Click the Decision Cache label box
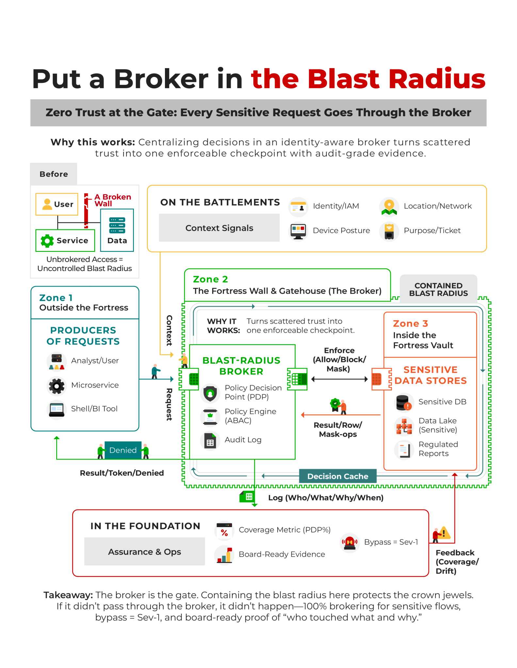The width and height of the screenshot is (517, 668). [337, 476]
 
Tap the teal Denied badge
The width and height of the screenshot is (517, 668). [123, 450]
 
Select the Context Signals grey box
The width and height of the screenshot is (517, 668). [219, 228]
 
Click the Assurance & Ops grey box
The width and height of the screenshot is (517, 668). [144, 552]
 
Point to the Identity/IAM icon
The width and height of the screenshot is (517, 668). [298, 207]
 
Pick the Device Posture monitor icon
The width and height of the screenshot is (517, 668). [298, 231]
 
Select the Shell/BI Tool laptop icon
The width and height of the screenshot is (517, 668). [57, 409]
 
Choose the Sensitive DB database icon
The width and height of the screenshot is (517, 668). [403, 402]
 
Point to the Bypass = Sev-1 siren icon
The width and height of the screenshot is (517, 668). [349, 542]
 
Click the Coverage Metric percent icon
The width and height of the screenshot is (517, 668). [224, 531]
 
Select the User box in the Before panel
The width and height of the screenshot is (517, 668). [57, 204]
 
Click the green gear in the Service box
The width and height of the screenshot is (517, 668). [47, 241]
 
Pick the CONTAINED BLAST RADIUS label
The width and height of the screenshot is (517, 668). [438, 289]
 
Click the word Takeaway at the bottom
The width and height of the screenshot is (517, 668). [68, 595]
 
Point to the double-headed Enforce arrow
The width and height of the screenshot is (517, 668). [339, 379]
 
